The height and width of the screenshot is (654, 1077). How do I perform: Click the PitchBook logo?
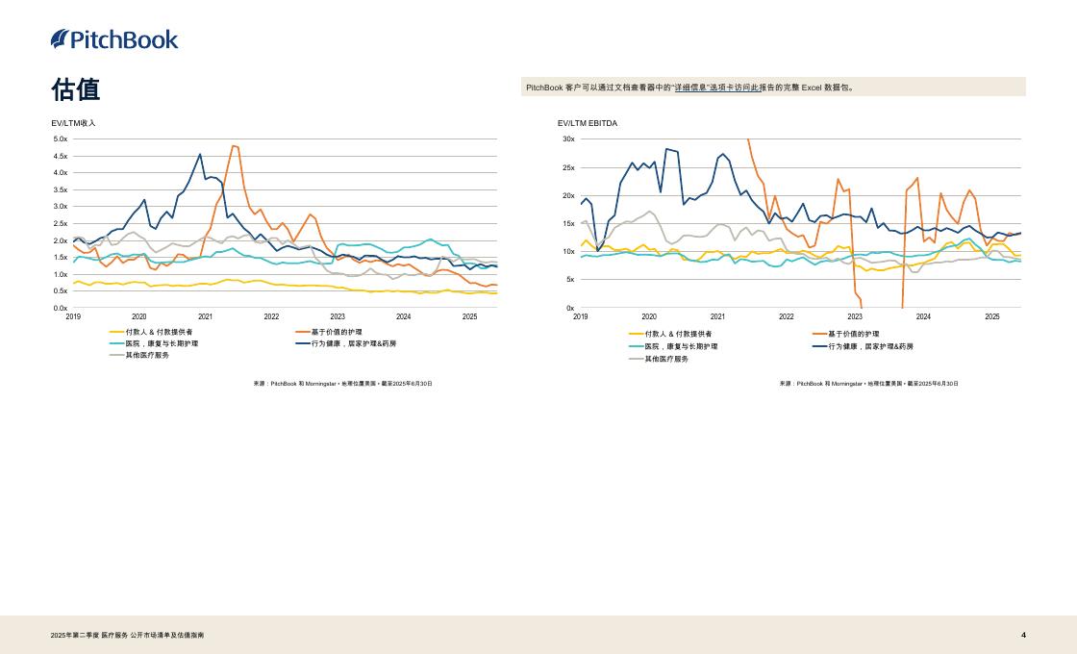click(114, 39)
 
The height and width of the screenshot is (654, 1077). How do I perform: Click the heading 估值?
click(76, 89)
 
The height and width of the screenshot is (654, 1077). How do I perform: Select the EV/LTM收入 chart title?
click(74, 123)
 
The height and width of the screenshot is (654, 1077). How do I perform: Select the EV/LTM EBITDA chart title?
click(588, 123)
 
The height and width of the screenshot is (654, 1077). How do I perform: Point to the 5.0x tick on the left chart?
click(60, 139)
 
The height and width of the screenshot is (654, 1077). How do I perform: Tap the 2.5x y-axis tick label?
click(60, 223)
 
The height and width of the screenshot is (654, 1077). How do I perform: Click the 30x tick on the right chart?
click(568, 139)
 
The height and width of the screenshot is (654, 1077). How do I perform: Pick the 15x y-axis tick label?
click(568, 224)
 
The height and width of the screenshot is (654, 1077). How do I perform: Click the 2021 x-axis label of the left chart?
click(205, 316)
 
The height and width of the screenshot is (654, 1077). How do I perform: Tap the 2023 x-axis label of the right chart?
click(855, 316)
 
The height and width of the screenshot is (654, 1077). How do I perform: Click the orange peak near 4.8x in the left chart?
click(234, 146)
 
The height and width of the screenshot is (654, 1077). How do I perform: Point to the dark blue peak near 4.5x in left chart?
click(200, 154)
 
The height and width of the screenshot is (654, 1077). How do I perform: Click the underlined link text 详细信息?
click(690, 88)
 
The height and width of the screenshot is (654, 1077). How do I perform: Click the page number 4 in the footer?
click(1023, 635)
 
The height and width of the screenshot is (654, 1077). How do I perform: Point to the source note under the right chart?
click(868, 384)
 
